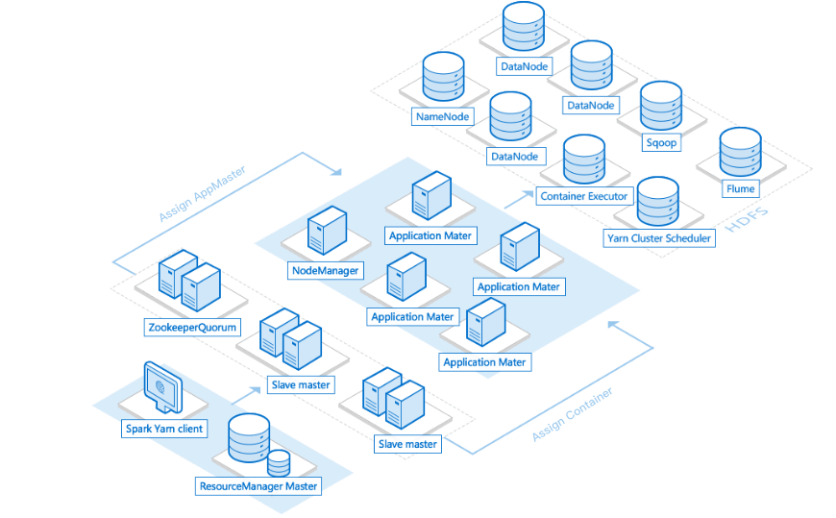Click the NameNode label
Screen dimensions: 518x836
tap(442, 116)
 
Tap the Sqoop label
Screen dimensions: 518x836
tap(661, 142)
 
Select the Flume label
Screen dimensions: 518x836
tap(741, 188)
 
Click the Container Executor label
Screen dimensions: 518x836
tap(583, 196)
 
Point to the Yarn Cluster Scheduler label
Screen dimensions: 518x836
tap(658, 237)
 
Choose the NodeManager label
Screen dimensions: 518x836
tap(325, 271)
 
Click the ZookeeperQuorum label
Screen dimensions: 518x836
tap(192, 328)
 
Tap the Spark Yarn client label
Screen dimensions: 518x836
tap(164, 428)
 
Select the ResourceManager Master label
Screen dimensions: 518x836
tap(258, 486)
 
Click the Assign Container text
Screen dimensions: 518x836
tap(573, 414)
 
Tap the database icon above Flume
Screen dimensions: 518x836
tap(740, 151)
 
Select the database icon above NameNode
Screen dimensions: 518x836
tap(443, 78)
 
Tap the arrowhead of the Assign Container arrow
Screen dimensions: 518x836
tap(611, 326)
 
